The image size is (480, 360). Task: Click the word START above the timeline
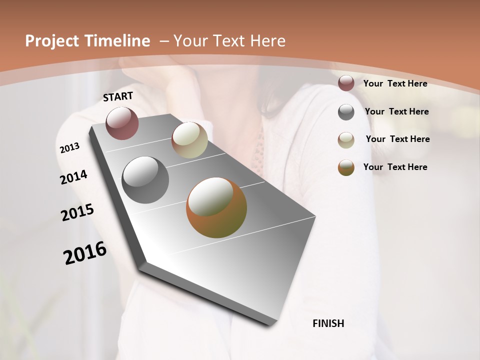coord(118,96)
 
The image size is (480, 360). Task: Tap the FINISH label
coord(328,323)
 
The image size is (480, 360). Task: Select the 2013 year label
coord(69,148)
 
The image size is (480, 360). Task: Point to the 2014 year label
coord(73,177)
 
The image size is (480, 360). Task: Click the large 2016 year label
coord(85,253)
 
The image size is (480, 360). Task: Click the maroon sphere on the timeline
coord(122,123)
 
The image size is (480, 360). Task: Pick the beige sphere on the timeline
coord(189,140)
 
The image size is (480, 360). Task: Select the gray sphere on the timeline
coord(145,180)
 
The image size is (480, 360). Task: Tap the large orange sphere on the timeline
coord(216,207)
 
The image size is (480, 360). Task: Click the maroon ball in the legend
coord(346,83)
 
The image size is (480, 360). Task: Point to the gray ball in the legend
coord(346,112)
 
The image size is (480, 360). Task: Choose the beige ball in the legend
coord(346,140)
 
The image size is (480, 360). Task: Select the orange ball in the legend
coord(346,167)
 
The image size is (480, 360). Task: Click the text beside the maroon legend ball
coord(395,83)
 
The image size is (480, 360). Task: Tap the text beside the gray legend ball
coord(396,111)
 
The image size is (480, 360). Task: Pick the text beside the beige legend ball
coord(397,139)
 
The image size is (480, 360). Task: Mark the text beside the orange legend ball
coord(395,167)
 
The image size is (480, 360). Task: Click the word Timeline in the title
coord(115,41)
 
